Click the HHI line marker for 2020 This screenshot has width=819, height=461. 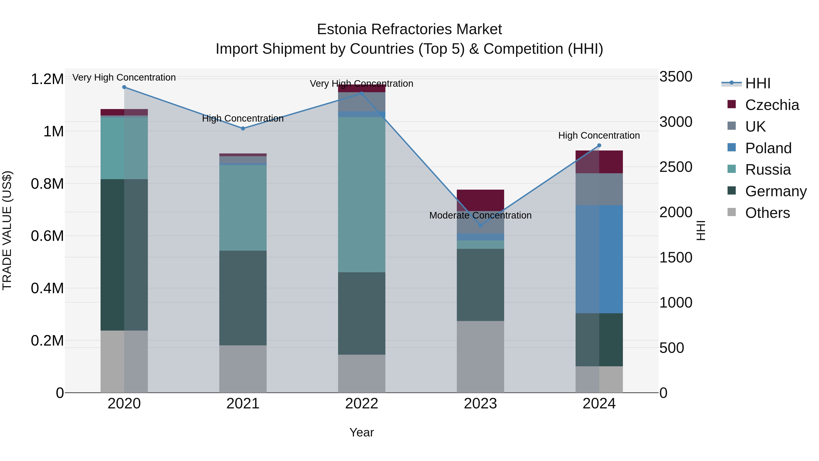click(124, 87)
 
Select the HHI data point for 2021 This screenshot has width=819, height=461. click(243, 129)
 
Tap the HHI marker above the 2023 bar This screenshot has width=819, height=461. click(480, 226)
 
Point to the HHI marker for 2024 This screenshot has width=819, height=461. click(599, 145)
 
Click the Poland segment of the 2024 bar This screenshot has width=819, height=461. click(599, 259)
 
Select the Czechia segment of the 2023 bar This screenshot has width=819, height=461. click(480, 200)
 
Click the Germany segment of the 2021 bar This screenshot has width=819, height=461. click(243, 298)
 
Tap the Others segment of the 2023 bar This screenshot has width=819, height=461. click(480, 357)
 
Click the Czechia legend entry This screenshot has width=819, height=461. click(772, 105)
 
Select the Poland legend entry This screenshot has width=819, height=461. click(768, 148)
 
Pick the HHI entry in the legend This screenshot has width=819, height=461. click(758, 83)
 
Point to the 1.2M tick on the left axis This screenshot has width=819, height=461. click(47, 79)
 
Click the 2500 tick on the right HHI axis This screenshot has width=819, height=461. click(676, 167)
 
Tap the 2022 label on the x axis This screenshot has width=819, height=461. click(361, 404)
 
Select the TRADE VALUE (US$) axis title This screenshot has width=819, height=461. click(7, 230)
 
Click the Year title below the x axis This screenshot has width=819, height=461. click(361, 432)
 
